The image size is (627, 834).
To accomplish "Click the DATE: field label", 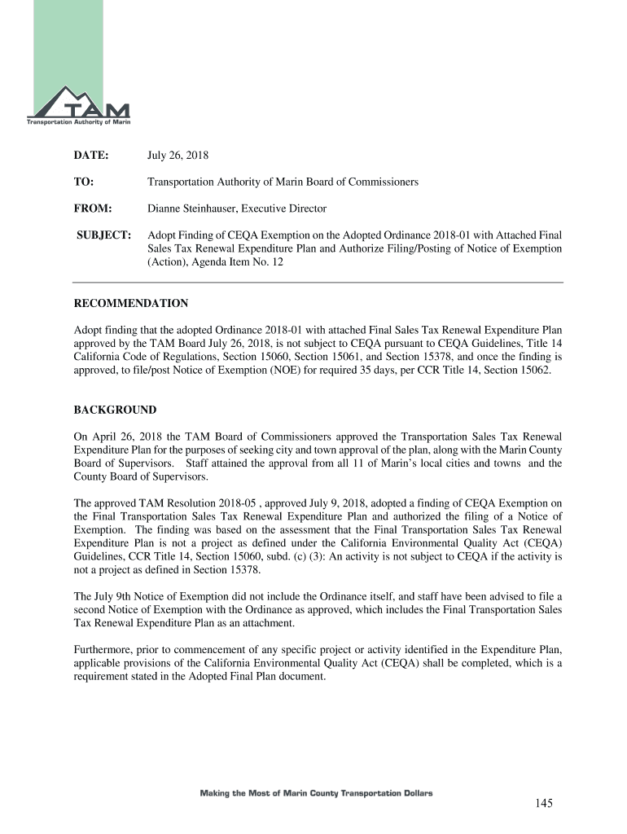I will [91, 155].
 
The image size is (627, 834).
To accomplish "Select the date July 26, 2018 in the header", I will [178, 155].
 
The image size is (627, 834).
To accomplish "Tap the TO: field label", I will [84, 182].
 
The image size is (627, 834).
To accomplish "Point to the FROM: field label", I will [92, 208].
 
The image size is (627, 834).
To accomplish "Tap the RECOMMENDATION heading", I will [131, 304].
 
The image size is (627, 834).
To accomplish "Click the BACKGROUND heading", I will [115, 410].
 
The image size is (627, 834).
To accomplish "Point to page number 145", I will [544, 804].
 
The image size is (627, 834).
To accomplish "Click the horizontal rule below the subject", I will [318, 282].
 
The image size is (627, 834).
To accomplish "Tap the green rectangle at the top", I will [82, 41].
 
